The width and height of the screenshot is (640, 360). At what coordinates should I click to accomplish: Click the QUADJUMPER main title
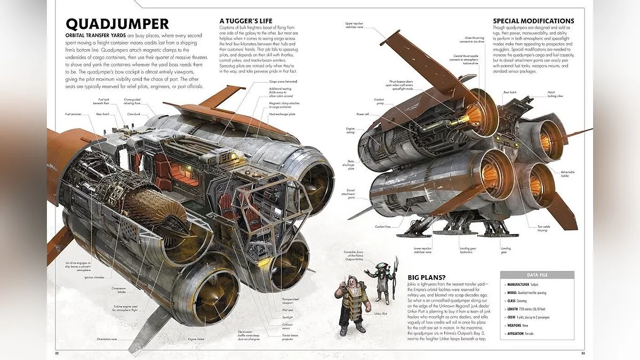point(117,24)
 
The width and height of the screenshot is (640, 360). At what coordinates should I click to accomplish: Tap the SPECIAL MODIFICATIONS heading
point(533,21)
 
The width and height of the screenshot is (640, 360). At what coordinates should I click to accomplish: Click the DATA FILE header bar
point(537,275)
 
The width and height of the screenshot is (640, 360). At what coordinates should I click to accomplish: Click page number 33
point(583,353)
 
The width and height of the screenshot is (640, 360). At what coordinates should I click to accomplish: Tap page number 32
point(57,353)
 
